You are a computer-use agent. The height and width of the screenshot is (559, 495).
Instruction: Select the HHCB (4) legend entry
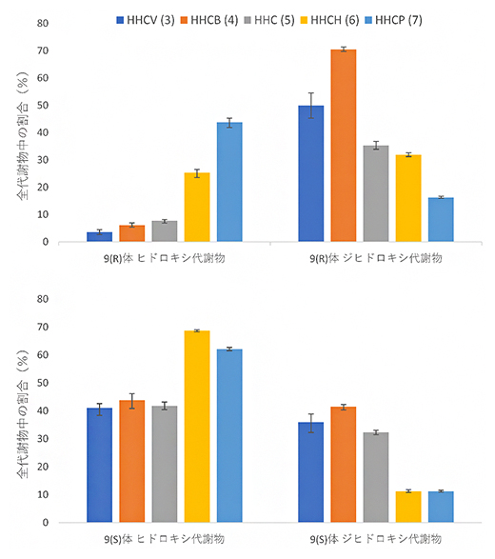pos(215,19)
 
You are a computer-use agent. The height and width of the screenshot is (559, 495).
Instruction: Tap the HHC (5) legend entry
pos(284,19)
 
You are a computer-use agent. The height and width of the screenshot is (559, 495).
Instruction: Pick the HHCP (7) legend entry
pos(420,19)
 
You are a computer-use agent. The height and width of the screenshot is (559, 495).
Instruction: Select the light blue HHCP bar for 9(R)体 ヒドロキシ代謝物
pos(229,182)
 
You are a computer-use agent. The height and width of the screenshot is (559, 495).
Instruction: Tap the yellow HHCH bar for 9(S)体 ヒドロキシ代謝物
pos(197,427)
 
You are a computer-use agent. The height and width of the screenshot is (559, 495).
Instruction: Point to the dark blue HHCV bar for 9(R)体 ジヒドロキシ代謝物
pos(311,174)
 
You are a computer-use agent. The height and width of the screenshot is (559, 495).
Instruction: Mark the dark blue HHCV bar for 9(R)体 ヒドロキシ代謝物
pos(100,237)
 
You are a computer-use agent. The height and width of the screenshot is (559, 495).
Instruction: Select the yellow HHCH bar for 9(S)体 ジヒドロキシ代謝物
pos(408,507)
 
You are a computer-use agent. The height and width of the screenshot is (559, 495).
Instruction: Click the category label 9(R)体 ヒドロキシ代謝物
pos(165,258)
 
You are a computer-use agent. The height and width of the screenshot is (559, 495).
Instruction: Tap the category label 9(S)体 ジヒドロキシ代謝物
pos(376,538)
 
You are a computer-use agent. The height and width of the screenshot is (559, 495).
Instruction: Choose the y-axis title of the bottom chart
pos(21,410)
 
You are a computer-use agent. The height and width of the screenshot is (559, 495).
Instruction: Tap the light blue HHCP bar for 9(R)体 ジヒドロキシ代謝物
pos(441,220)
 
